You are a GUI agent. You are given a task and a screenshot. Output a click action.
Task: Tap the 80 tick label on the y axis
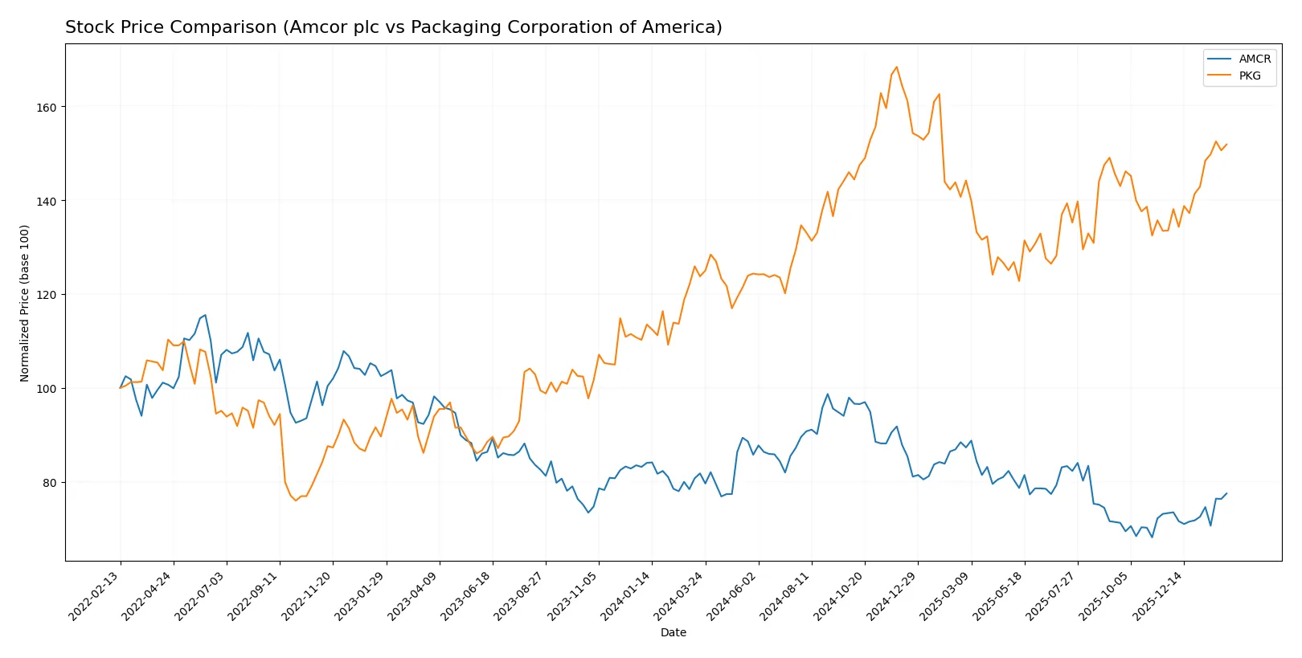point(48,483)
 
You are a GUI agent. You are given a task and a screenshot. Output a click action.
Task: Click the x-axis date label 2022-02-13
point(96,595)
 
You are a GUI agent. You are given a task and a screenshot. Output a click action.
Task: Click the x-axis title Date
point(673,632)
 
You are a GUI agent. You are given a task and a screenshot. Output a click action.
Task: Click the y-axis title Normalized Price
point(25,303)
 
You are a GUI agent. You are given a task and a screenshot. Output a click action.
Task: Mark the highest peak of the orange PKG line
point(896,67)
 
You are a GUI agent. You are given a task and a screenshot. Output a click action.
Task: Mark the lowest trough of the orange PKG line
point(296,501)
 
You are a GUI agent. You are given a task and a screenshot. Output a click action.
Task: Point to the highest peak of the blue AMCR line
point(205,315)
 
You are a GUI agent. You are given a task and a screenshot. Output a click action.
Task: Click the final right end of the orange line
point(1226,145)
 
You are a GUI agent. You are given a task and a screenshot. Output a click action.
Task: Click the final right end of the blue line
point(1226,493)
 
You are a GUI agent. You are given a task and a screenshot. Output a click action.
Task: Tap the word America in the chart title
point(682,27)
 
